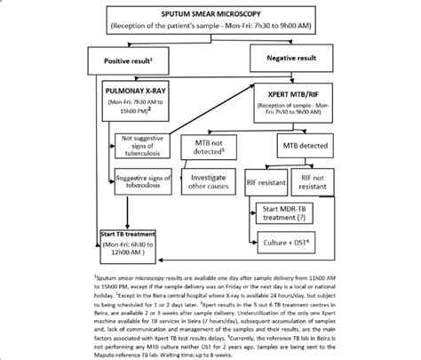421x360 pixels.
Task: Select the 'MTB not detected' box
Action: (x=210, y=148)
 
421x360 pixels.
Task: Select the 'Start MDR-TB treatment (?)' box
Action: (x=280, y=213)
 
